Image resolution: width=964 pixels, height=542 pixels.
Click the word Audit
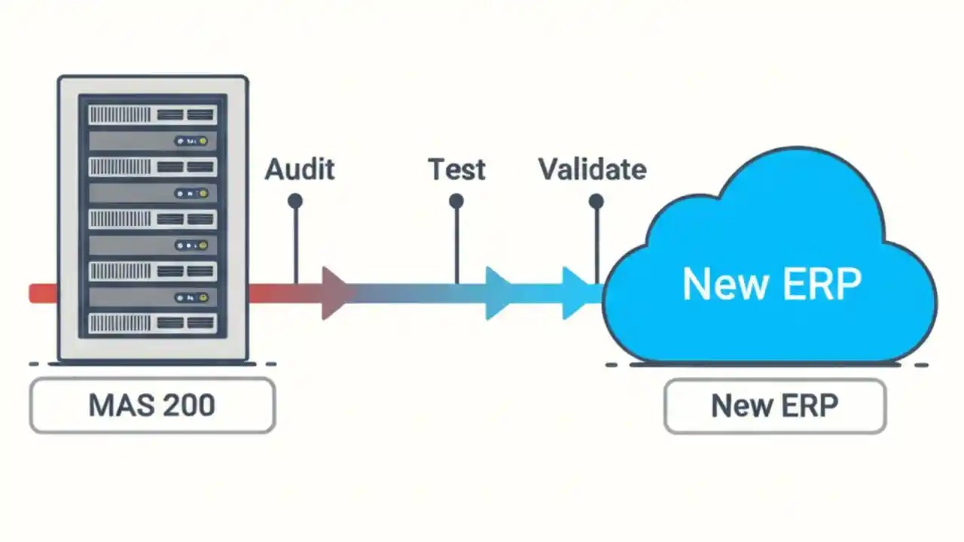(x=299, y=169)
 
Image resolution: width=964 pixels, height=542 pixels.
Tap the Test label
(x=456, y=169)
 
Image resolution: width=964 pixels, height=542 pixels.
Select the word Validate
(x=592, y=169)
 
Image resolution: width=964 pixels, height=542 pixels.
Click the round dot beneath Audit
(x=295, y=201)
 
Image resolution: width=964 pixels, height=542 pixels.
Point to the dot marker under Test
(x=456, y=201)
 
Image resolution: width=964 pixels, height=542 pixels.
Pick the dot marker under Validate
(x=596, y=201)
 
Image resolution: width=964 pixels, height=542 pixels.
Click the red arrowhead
(x=336, y=293)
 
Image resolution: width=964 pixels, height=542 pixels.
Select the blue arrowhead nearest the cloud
(x=578, y=293)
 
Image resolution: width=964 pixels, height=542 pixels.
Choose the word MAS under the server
(x=116, y=406)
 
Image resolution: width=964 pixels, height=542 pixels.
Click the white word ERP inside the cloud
(x=817, y=284)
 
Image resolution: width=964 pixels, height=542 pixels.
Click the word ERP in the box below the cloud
(x=810, y=406)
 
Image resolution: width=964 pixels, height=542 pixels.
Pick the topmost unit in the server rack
(x=153, y=114)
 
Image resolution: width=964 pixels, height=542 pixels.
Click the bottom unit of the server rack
(x=153, y=324)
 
